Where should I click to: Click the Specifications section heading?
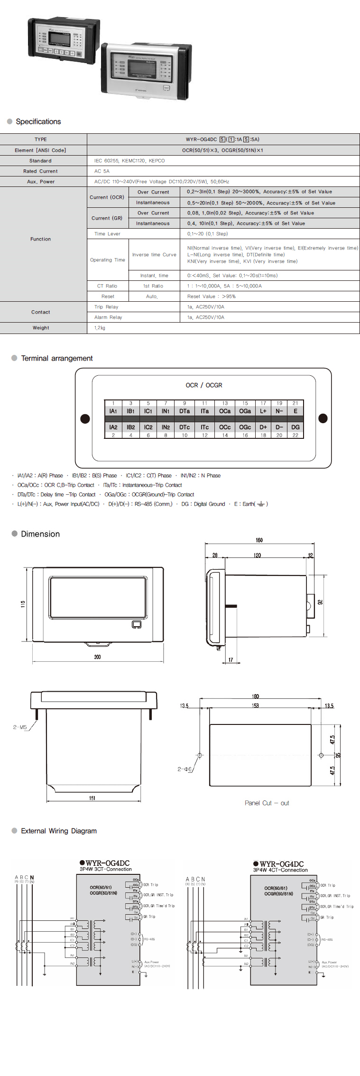point(38,121)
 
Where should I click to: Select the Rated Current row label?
point(40,171)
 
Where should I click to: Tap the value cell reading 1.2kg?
point(100,328)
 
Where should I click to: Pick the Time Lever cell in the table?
point(107,234)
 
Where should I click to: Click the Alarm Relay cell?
point(108,317)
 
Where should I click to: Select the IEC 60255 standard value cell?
point(129,161)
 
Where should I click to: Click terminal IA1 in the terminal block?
point(113,411)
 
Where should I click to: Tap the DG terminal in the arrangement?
point(295,427)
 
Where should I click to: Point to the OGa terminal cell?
point(245,411)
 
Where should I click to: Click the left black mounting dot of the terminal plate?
point(85,418)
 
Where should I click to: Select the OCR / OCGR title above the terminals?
point(204,385)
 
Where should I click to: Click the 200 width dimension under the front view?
point(97,657)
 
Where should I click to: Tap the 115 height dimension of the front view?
point(23,604)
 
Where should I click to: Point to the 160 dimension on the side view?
point(259,540)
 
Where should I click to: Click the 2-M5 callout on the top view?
point(20,727)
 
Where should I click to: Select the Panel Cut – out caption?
point(267,803)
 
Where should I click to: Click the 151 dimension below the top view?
point(92,798)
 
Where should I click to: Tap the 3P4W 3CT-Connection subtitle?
point(106,869)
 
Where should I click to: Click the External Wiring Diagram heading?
point(59,831)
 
